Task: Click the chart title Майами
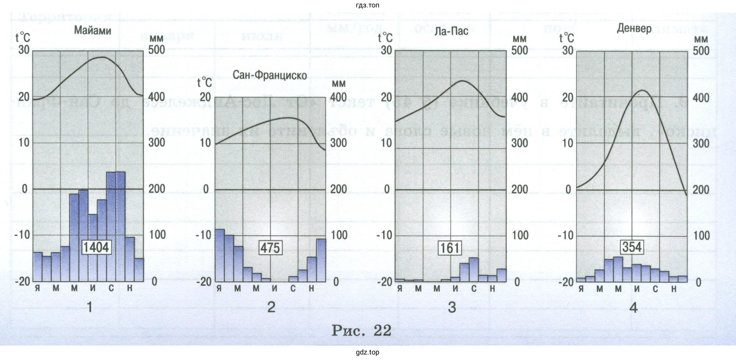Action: (93, 31)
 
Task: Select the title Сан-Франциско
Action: (270, 75)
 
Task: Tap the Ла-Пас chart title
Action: (451, 31)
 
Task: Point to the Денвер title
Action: (634, 28)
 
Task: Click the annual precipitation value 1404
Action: (96, 247)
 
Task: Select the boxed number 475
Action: (270, 248)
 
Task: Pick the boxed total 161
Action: (450, 248)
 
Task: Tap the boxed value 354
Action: (632, 247)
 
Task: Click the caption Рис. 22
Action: (361, 331)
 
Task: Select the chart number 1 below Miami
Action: (90, 307)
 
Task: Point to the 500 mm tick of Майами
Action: (157, 50)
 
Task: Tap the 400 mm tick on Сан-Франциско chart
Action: (338, 97)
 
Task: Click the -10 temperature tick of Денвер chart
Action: (566, 235)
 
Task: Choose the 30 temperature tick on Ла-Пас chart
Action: (386, 50)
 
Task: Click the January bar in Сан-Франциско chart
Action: (220, 255)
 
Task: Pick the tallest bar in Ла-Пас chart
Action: (474, 270)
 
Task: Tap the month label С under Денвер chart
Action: (655, 289)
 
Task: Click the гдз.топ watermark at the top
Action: (368, 5)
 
